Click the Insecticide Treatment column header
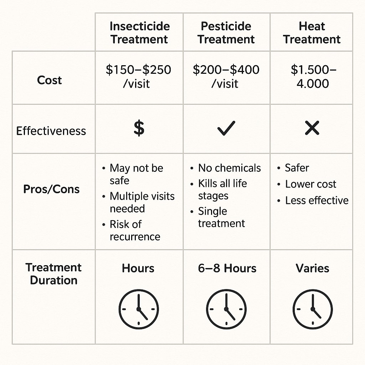139,32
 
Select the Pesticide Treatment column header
226,32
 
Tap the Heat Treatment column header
312,32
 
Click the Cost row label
50,80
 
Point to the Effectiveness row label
51,131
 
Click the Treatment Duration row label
53,274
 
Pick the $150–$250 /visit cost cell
139,77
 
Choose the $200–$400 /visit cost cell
226,77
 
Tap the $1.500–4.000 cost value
313,77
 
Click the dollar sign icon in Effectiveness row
139,128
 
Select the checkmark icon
226,128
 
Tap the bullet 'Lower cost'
310,184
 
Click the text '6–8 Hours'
227,268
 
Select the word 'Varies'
313,268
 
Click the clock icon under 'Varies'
313,309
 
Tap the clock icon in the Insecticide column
139,309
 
